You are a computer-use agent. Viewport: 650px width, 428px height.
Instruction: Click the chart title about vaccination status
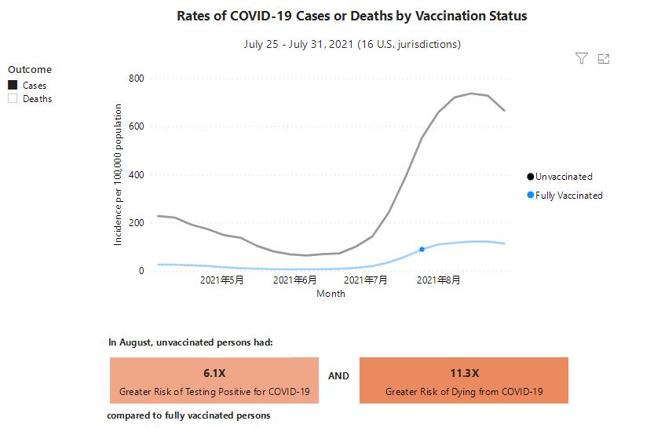click(x=352, y=16)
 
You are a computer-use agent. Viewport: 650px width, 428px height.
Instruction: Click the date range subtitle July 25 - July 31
click(x=352, y=44)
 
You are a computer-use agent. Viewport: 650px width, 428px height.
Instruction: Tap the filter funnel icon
click(x=582, y=58)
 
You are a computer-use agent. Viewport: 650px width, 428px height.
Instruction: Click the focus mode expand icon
click(x=604, y=58)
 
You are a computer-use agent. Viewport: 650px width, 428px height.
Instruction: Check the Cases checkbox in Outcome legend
click(x=13, y=85)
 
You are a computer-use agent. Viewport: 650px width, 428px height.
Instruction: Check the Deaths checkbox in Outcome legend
click(x=13, y=99)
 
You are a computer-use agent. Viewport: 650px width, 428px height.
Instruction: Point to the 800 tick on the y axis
click(x=135, y=79)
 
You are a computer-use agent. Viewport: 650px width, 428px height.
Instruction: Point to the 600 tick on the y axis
click(x=135, y=126)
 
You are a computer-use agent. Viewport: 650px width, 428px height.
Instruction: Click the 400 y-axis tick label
click(x=135, y=175)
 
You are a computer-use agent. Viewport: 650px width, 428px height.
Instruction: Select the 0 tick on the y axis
click(x=141, y=271)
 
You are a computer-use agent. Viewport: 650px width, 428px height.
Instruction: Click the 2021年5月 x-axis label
click(x=221, y=280)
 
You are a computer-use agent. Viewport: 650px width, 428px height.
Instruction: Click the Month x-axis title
click(x=330, y=294)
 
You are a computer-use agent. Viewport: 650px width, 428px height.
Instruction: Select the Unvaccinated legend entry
click(x=563, y=177)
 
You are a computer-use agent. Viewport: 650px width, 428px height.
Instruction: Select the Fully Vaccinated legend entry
click(x=568, y=196)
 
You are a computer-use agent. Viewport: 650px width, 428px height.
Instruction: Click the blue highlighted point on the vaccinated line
click(x=422, y=250)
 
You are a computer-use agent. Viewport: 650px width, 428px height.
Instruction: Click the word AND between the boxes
click(x=339, y=376)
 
